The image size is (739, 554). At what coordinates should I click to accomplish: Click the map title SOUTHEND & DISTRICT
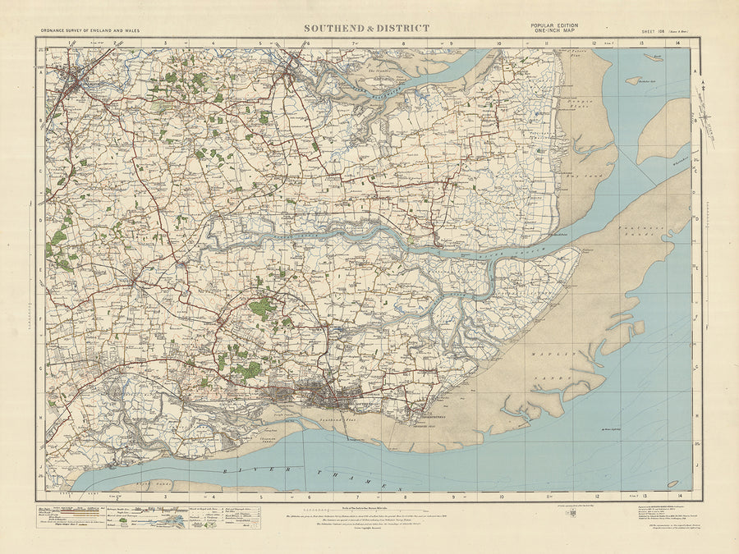[x=366, y=28]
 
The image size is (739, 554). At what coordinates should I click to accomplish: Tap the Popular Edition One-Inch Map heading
[x=554, y=28]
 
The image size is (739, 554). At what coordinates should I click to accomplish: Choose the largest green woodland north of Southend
[x=264, y=309]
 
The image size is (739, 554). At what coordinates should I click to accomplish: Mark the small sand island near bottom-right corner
[x=672, y=483]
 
